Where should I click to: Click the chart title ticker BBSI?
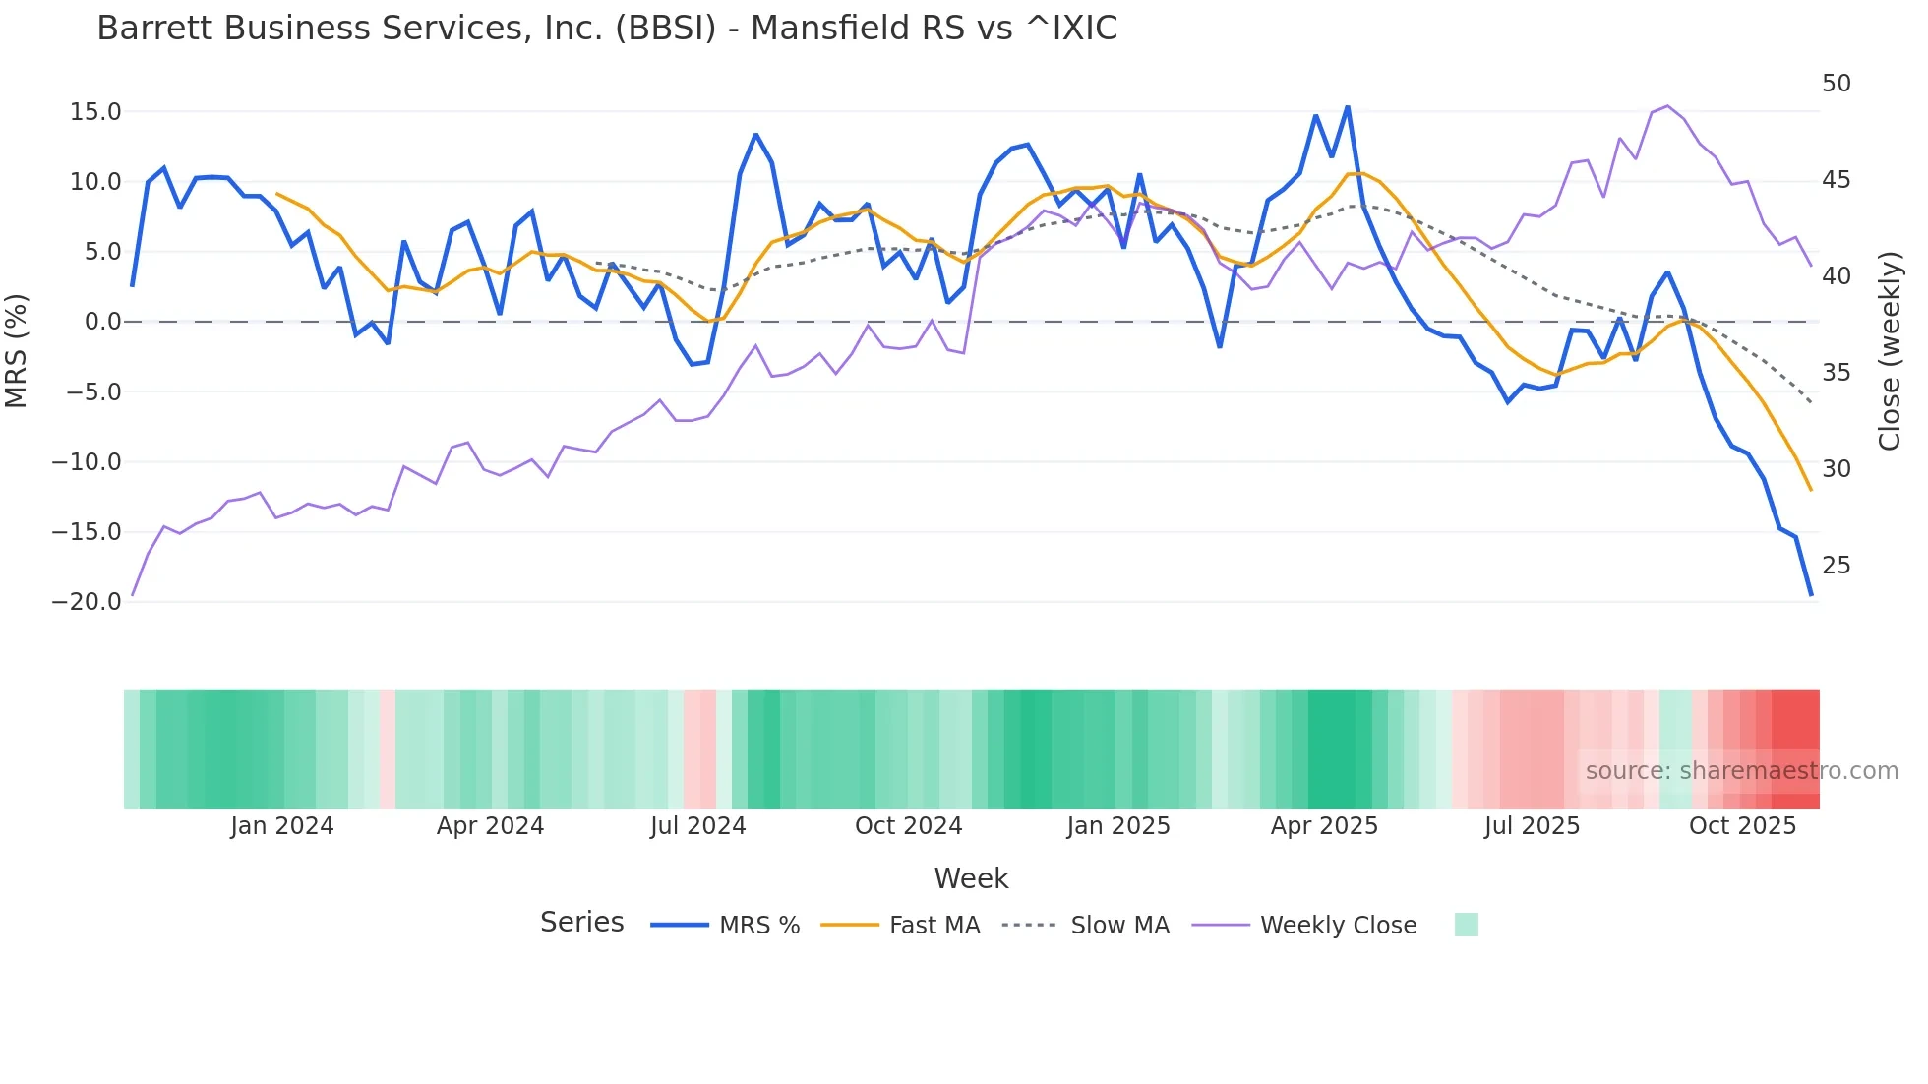coord(666,29)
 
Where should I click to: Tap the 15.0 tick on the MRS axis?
coord(95,112)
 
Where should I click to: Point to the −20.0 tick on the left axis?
coord(87,602)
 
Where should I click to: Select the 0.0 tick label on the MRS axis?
coord(102,322)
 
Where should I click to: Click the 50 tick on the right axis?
coord(1837,84)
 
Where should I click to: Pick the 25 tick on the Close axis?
coord(1837,566)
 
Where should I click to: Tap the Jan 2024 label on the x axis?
coord(282,826)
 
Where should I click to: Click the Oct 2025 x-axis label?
coord(1742,826)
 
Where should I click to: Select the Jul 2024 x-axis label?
coord(697,826)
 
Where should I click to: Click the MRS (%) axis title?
coord(16,351)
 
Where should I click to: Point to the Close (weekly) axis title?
coord(1890,351)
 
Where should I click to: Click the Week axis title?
coord(971,878)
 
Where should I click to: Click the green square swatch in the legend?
coord(1466,925)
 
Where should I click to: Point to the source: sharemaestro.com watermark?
coord(1741,771)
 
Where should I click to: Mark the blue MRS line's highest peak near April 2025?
coord(1348,107)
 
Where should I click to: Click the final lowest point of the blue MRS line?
coord(1811,595)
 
